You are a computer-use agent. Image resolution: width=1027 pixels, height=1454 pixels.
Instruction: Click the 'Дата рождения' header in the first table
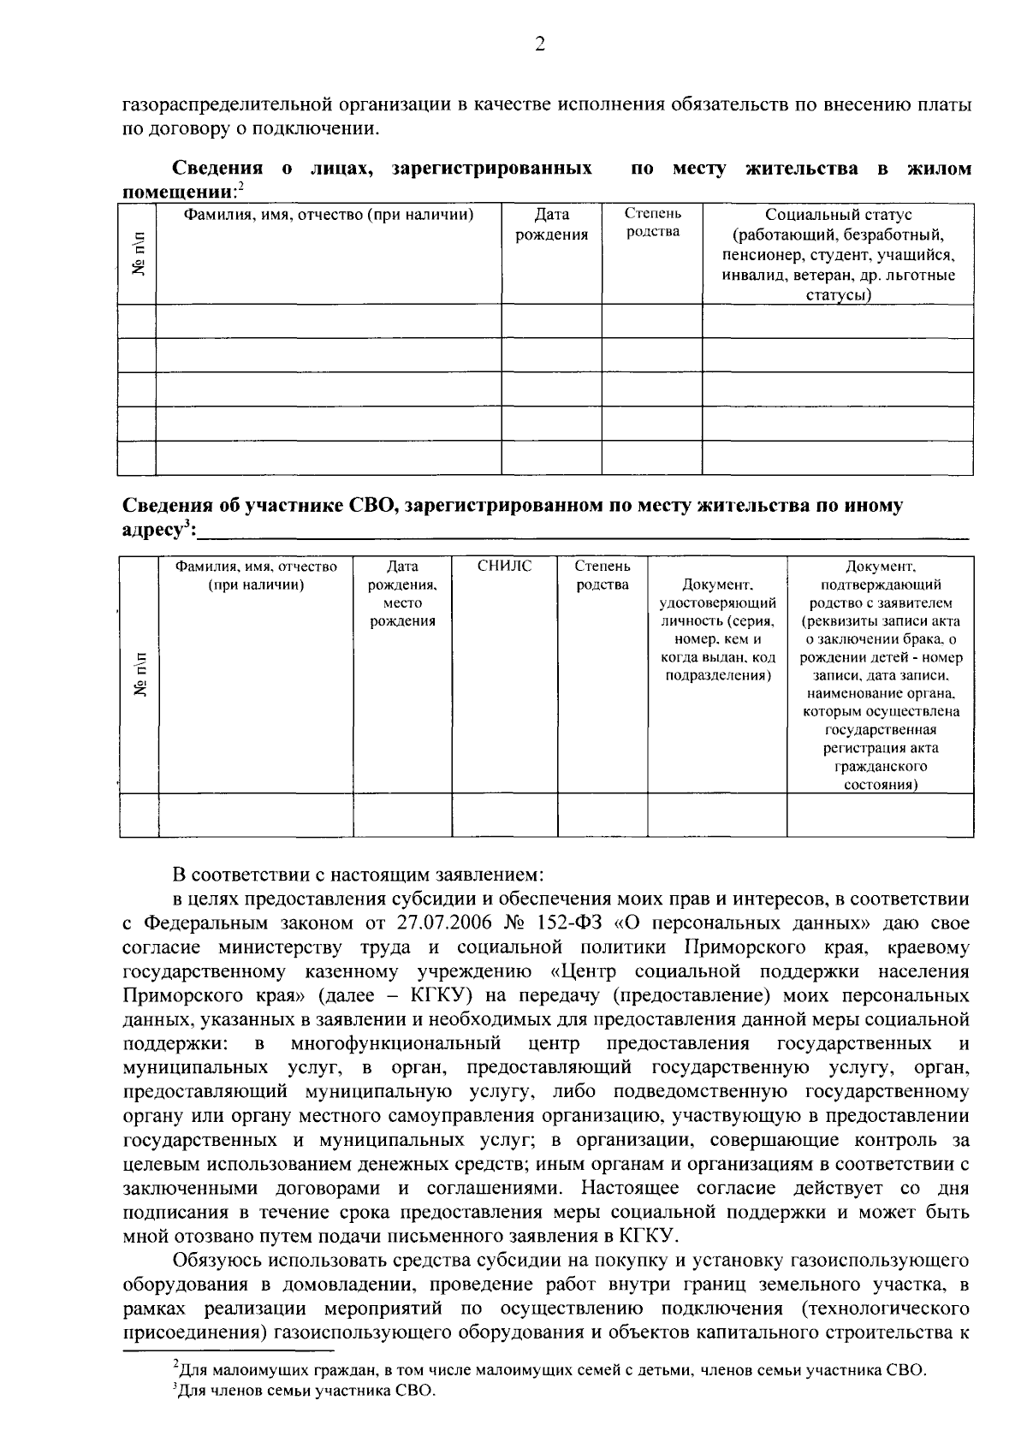(x=551, y=225)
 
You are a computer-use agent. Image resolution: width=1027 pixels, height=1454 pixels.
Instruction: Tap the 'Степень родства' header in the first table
(x=652, y=222)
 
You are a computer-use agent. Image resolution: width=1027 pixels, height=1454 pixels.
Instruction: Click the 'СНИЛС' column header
(x=504, y=567)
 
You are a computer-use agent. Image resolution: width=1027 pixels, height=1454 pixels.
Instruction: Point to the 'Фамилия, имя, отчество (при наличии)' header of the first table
(x=329, y=215)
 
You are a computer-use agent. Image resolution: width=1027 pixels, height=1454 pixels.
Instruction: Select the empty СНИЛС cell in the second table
(x=504, y=814)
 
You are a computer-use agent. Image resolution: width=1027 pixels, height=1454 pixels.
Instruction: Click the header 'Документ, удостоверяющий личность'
(x=716, y=630)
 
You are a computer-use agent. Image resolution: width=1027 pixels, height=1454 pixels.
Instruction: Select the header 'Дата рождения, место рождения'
(x=402, y=594)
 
